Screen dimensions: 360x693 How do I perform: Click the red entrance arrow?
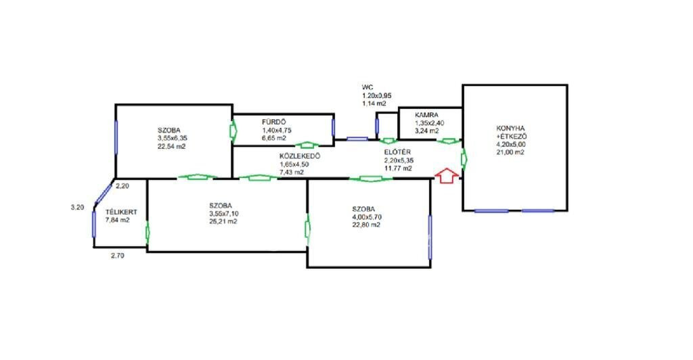pos(445,175)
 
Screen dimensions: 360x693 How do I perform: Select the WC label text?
pos(367,87)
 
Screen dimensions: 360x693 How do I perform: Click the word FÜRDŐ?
pos(275,122)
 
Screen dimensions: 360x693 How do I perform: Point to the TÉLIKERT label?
pos(120,211)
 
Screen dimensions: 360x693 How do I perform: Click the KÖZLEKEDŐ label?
pos(300,156)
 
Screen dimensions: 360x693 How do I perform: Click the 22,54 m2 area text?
pos(172,146)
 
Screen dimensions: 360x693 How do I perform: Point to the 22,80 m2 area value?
pos(365,225)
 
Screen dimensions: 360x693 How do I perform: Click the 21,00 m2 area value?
pos(511,152)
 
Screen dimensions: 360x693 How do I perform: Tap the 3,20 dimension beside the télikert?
pos(77,208)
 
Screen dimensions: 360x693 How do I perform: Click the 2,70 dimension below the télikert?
pos(118,256)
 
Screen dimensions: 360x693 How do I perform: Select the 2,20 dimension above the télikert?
pos(122,185)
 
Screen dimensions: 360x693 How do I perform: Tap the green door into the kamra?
pos(447,141)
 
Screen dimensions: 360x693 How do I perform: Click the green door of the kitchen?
pos(464,158)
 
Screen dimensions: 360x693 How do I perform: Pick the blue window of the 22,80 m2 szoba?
pos(430,237)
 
